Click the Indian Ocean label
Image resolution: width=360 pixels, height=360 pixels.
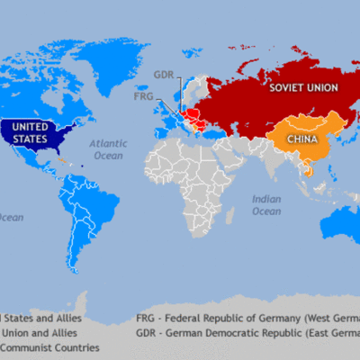click(x=265, y=204)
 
